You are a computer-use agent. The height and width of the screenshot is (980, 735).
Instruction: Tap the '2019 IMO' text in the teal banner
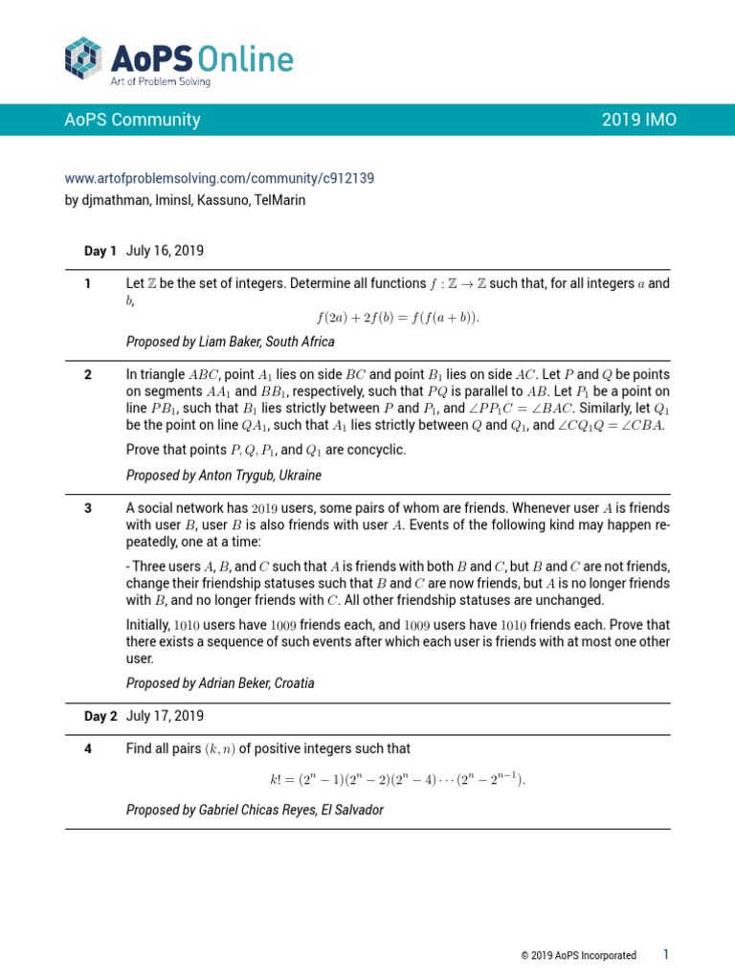point(639,120)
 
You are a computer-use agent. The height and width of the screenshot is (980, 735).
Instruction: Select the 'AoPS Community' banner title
point(132,120)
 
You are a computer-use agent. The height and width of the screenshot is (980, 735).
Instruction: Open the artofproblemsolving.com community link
point(219,178)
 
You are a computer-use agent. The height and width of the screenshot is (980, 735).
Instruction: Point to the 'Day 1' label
point(100,251)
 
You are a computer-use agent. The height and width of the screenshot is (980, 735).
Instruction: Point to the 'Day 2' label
point(100,716)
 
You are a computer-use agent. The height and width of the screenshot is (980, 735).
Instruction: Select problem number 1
point(87,283)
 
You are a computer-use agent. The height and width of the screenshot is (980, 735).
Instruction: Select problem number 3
point(87,508)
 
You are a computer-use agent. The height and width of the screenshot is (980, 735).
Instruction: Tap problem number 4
point(87,748)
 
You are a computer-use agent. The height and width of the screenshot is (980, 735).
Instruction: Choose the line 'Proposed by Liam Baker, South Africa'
point(231,342)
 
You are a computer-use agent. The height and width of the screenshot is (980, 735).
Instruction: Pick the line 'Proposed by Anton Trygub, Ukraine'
point(224,476)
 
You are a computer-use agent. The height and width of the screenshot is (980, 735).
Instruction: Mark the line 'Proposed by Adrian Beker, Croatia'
point(220,683)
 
